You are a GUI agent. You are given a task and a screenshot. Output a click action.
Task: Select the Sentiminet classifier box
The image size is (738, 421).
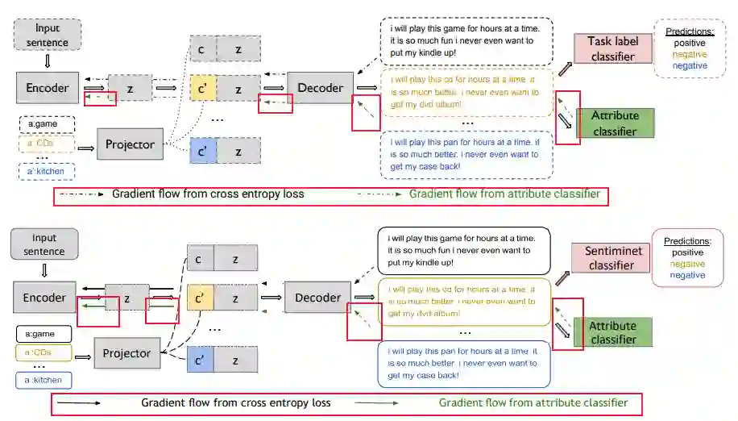[610, 257]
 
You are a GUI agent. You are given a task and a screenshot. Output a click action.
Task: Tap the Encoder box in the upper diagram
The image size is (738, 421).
[47, 88]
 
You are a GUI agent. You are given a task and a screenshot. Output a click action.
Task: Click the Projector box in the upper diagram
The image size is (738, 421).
[131, 144]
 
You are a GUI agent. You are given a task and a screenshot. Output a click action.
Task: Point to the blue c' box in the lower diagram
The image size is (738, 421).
[199, 361]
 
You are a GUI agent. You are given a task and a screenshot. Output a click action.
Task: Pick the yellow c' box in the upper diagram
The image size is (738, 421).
[201, 88]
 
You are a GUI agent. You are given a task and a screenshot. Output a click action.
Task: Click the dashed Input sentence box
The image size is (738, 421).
[48, 35]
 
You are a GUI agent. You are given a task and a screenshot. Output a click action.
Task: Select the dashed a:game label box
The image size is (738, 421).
[47, 125]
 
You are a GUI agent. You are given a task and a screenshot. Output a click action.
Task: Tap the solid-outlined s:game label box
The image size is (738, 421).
[44, 333]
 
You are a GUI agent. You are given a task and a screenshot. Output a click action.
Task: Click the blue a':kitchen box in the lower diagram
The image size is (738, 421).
[44, 379]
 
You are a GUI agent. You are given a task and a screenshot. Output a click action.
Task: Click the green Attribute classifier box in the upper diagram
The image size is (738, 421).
[615, 122]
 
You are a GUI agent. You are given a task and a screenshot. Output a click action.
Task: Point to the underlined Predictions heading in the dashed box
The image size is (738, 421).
[685, 31]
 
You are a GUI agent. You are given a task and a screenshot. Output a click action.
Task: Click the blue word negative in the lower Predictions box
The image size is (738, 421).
[687, 275]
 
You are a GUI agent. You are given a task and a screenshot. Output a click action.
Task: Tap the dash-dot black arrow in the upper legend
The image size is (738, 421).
[81, 194]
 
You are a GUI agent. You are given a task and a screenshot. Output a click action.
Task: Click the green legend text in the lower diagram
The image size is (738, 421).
[533, 402]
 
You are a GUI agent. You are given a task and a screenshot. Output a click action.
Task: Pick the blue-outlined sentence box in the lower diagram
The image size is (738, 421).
[463, 363]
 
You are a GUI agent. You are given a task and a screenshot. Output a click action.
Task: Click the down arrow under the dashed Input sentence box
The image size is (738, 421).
[47, 60]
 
